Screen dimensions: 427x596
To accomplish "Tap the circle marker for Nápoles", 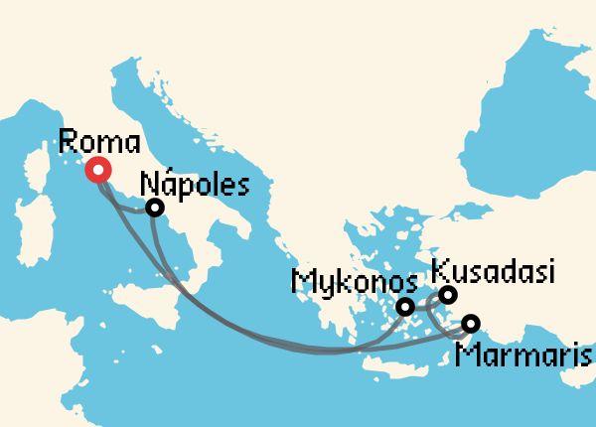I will (154, 208).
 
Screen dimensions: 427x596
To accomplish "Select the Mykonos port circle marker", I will (404, 308).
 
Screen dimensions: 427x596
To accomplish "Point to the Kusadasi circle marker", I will (448, 294).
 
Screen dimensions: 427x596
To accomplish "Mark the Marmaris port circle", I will (470, 323).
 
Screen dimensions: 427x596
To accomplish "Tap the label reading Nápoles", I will (194, 184).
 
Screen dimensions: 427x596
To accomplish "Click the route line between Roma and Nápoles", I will (126, 207).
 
